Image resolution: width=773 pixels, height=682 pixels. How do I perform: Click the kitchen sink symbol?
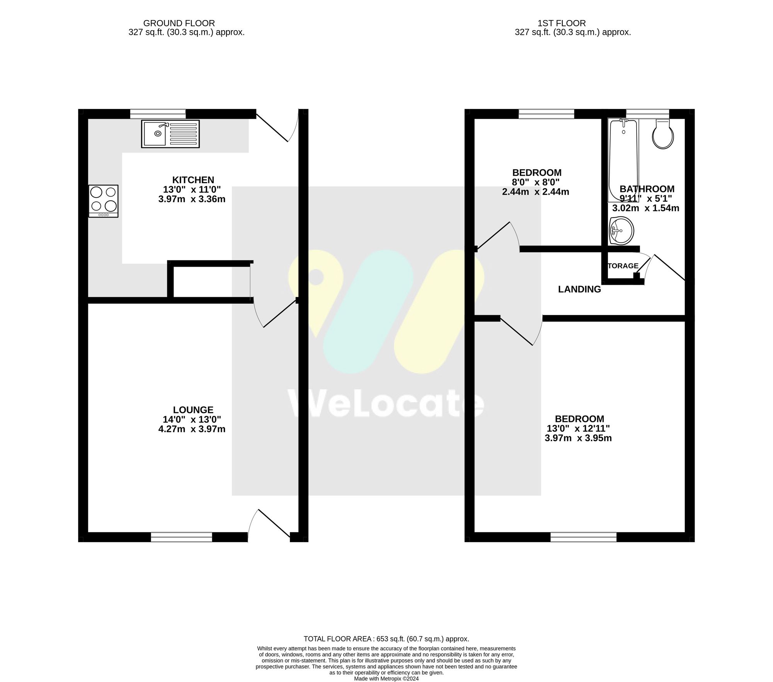click(x=170, y=134)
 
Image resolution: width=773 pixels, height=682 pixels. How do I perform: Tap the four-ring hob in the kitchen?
click(x=103, y=201)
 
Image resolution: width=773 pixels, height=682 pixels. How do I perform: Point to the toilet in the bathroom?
click(x=663, y=134)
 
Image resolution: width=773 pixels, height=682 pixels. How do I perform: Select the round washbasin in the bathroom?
click(x=621, y=231)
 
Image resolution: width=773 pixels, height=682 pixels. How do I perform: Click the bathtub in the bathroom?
click(x=623, y=160)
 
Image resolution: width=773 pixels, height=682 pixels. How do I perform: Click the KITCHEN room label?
click(x=193, y=180)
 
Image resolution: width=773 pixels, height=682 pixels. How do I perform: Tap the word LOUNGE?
click(x=193, y=410)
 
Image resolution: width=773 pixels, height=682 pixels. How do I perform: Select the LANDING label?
click(x=579, y=289)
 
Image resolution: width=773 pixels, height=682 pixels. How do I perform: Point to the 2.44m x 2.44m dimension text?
click(x=535, y=192)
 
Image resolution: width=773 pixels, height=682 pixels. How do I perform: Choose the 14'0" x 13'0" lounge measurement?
click(x=192, y=419)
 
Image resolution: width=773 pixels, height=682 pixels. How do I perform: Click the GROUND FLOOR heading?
click(x=179, y=23)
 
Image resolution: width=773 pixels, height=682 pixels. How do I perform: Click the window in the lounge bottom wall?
click(x=181, y=537)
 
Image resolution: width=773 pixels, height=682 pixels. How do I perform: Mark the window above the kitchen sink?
click(x=158, y=114)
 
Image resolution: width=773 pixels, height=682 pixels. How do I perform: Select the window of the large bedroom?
click(x=583, y=537)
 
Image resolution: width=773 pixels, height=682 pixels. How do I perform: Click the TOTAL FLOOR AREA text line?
click(x=386, y=639)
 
